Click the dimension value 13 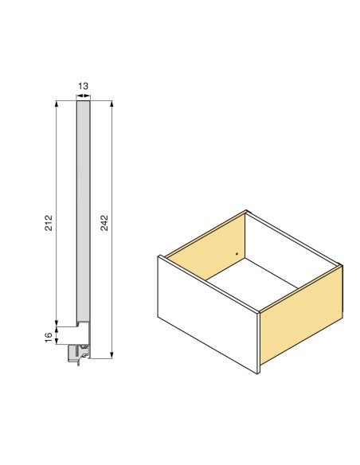tap(83, 84)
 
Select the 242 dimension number tap(104, 222)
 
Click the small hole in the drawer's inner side tap(237, 254)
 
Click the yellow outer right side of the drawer tap(301, 318)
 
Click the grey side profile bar tap(83, 207)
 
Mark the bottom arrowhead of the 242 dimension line tap(112, 355)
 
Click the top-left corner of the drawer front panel tap(160, 256)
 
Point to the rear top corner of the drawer tap(247, 210)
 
